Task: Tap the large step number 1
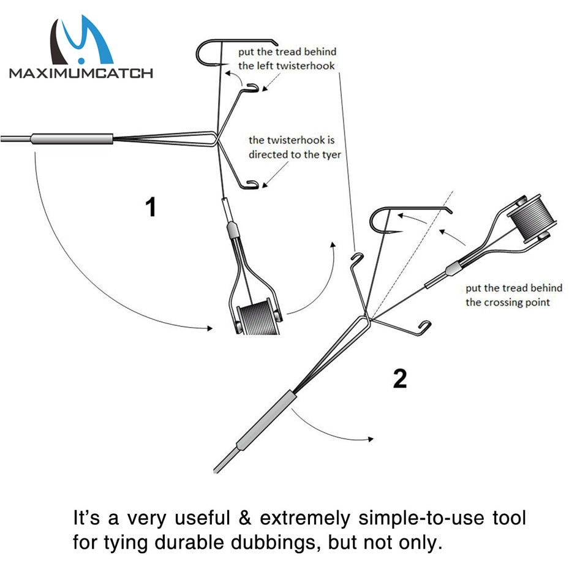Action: pyautogui.click(x=151, y=206)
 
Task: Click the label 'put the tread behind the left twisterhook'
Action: pyautogui.click(x=287, y=59)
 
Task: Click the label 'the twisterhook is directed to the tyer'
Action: pyautogui.click(x=294, y=147)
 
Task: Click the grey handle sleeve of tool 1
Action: pyautogui.click(x=72, y=139)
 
